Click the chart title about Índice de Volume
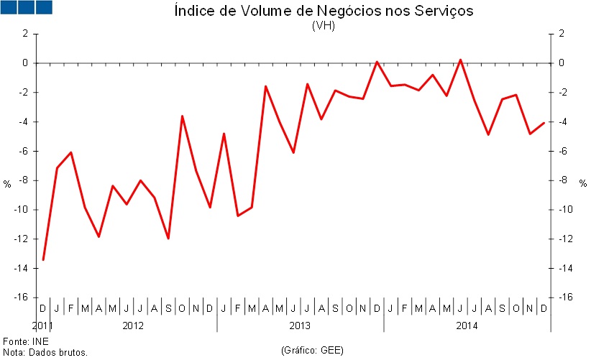click(324, 11)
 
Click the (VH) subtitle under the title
click(324, 25)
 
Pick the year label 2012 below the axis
click(132, 326)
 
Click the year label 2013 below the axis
click(300, 326)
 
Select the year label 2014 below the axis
click(467, 326)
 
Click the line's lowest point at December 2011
click(43, 259)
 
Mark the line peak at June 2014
click(460, 60)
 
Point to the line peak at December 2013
click(377, 62)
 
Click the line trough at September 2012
click(168, 238)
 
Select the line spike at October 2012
click(182, 116)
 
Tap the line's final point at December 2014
click(544, 123)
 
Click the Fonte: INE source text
click(21, 341)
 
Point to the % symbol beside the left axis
click(7, 184)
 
